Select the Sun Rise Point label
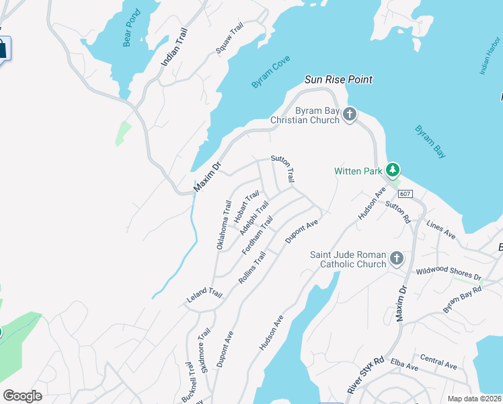[x=338, y=79]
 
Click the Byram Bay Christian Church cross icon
[x=349, y=114]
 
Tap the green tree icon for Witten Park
[x=393, y=170]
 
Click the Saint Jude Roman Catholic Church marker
[x=397, y=259]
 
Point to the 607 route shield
[x=403, y=194]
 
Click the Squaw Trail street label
[x=229, y=39]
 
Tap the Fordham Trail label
[x=258, y=235]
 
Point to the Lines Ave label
[x=440, y=231]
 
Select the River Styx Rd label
[x=365, y=375]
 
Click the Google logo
[x=22, y=396]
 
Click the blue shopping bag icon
[x=1, y=48]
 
